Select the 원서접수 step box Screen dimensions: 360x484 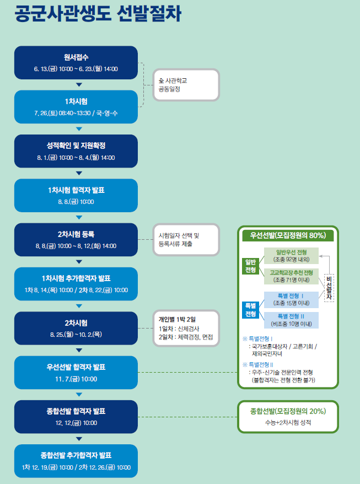(x=76, y=62)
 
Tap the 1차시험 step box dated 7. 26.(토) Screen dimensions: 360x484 (x=76, y=107)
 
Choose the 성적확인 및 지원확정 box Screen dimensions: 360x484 (x=76, y=151)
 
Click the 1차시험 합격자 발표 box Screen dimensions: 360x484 (x=76, y=195)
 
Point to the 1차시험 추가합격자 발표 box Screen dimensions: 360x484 (x=76, y=284)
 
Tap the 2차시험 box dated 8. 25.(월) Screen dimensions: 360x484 (x=76, y=328)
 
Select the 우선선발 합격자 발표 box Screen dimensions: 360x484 (x=76, y=373)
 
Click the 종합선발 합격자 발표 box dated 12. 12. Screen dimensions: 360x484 (x=76, y=417)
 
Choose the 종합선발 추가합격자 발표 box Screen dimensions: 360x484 (x=76, y=461)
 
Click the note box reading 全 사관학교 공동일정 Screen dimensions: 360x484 (x=186, y=84)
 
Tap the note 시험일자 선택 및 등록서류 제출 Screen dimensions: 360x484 (x=186, y=240)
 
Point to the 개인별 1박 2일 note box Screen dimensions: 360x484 (x=186, y=328)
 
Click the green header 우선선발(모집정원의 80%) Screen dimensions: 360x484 (x=288, y=235)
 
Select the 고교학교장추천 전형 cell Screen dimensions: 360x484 (x=291, y=276)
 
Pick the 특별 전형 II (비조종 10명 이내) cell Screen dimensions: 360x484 (x=291, y=320)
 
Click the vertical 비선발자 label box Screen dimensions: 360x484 (x=330, y=287)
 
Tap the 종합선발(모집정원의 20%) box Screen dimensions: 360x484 (x=288, y=417)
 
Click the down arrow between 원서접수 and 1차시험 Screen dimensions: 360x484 (x=79, y=84)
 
